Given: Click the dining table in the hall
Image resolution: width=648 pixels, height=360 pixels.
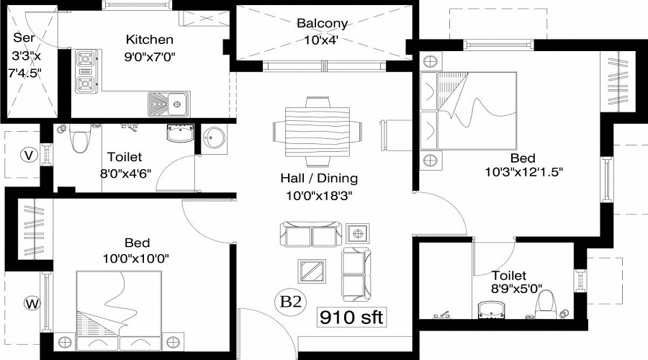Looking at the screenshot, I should pos(317,132).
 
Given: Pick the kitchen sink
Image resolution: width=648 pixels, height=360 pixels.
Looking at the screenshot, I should pos(169,103).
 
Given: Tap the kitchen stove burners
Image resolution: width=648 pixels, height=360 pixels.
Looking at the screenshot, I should pos(86,72).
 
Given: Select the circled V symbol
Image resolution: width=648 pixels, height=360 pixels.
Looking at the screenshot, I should pos(28,154).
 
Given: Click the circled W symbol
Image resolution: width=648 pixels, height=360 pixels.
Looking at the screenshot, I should pos(32,303).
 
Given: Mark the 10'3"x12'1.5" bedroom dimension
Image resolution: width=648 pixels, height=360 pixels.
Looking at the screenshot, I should pos(523,172).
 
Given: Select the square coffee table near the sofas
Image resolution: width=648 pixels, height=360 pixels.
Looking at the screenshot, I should pos(312,271).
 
